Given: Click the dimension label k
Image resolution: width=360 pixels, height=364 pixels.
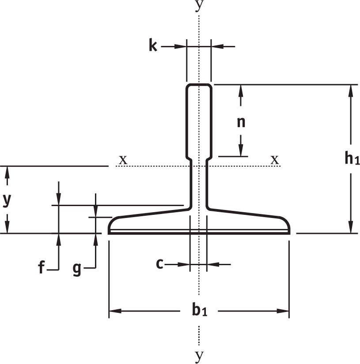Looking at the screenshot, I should pos(153,45).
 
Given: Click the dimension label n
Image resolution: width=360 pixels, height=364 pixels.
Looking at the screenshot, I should pos(241,122).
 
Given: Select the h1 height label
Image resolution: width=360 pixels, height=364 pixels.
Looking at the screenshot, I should pos(352,158).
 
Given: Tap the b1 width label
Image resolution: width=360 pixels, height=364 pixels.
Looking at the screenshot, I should pos(199,311).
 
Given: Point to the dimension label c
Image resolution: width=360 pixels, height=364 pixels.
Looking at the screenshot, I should pos(160,264).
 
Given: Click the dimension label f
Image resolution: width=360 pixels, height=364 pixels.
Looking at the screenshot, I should pos(41,267).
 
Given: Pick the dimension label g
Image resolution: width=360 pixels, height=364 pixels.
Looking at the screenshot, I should pos(77,268).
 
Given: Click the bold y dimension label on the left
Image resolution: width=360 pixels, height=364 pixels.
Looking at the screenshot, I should pos(6,200).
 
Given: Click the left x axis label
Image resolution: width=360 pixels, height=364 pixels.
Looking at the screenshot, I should pos(123,159).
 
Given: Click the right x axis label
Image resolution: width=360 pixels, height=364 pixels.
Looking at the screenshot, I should pos(275,159).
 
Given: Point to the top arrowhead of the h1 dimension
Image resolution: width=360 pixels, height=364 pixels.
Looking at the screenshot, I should pos(351,88).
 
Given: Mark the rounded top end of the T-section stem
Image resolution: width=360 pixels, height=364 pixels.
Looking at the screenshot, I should pos(198,85).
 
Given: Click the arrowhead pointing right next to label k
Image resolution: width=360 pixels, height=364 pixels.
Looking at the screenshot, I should pos(181,46).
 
